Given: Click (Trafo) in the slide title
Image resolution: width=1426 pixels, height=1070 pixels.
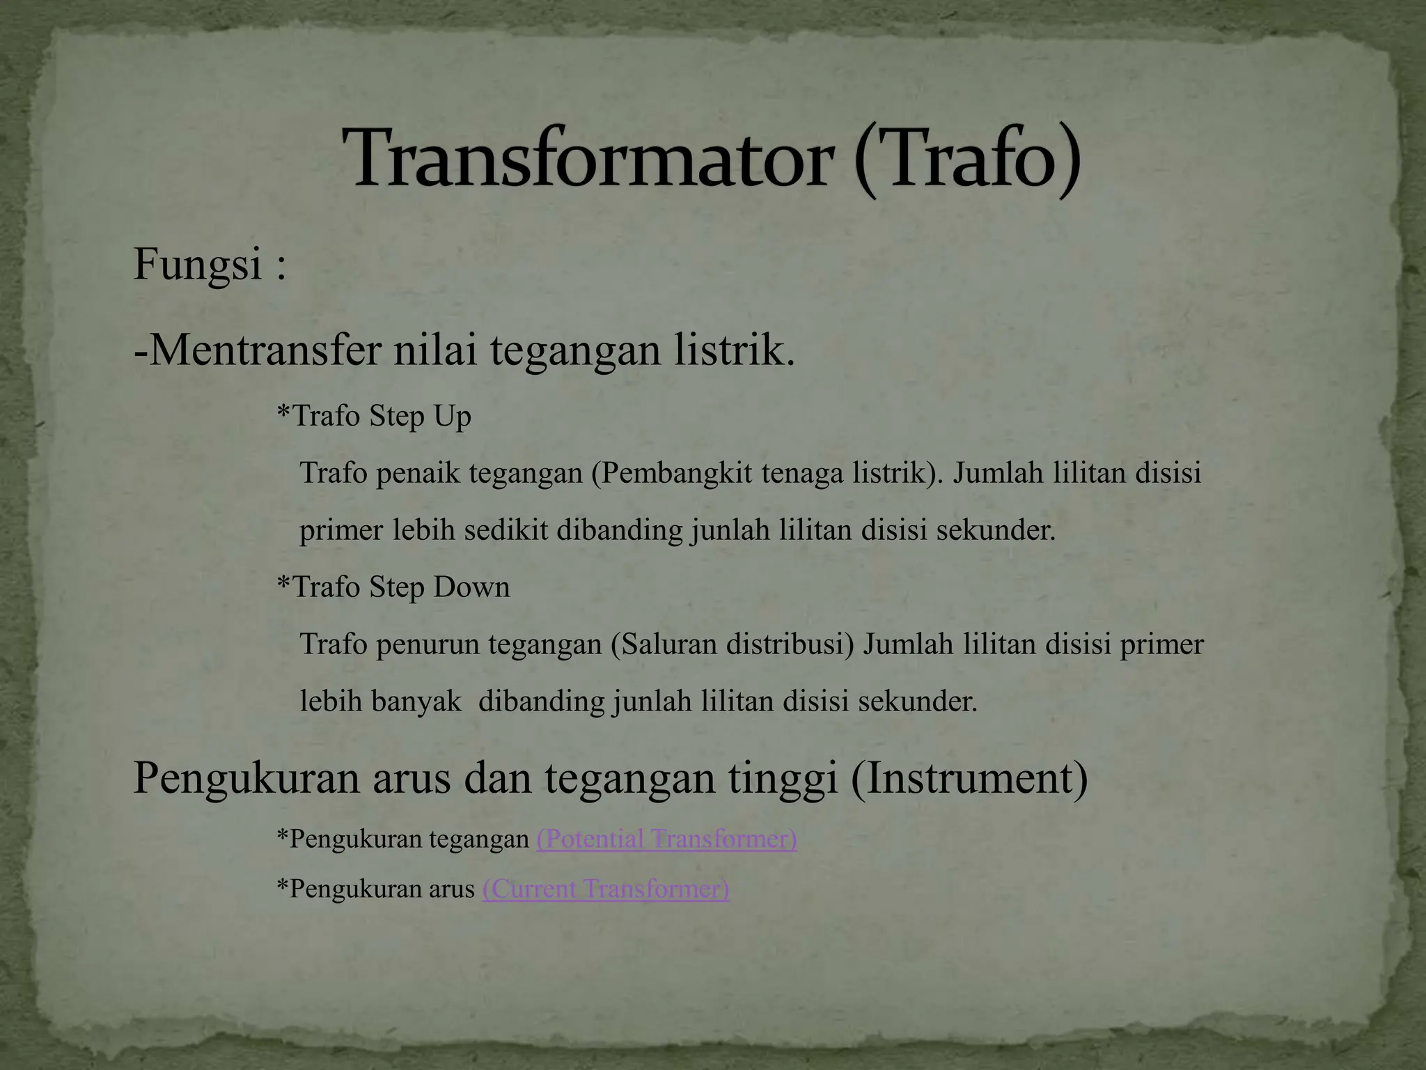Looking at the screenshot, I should point(968,160).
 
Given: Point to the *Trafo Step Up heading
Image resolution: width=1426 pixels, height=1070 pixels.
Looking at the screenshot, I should point(374,417).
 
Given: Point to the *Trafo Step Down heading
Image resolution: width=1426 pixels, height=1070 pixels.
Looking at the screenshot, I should point(393,587).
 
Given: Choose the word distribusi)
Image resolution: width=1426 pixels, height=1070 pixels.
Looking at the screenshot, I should point(790,644).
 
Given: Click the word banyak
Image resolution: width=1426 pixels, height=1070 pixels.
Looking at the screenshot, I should point(416,701).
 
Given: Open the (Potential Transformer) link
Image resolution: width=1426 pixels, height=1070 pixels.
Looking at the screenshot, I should point(666,839).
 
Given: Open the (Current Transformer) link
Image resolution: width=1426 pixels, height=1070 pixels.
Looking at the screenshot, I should point(605,890).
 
